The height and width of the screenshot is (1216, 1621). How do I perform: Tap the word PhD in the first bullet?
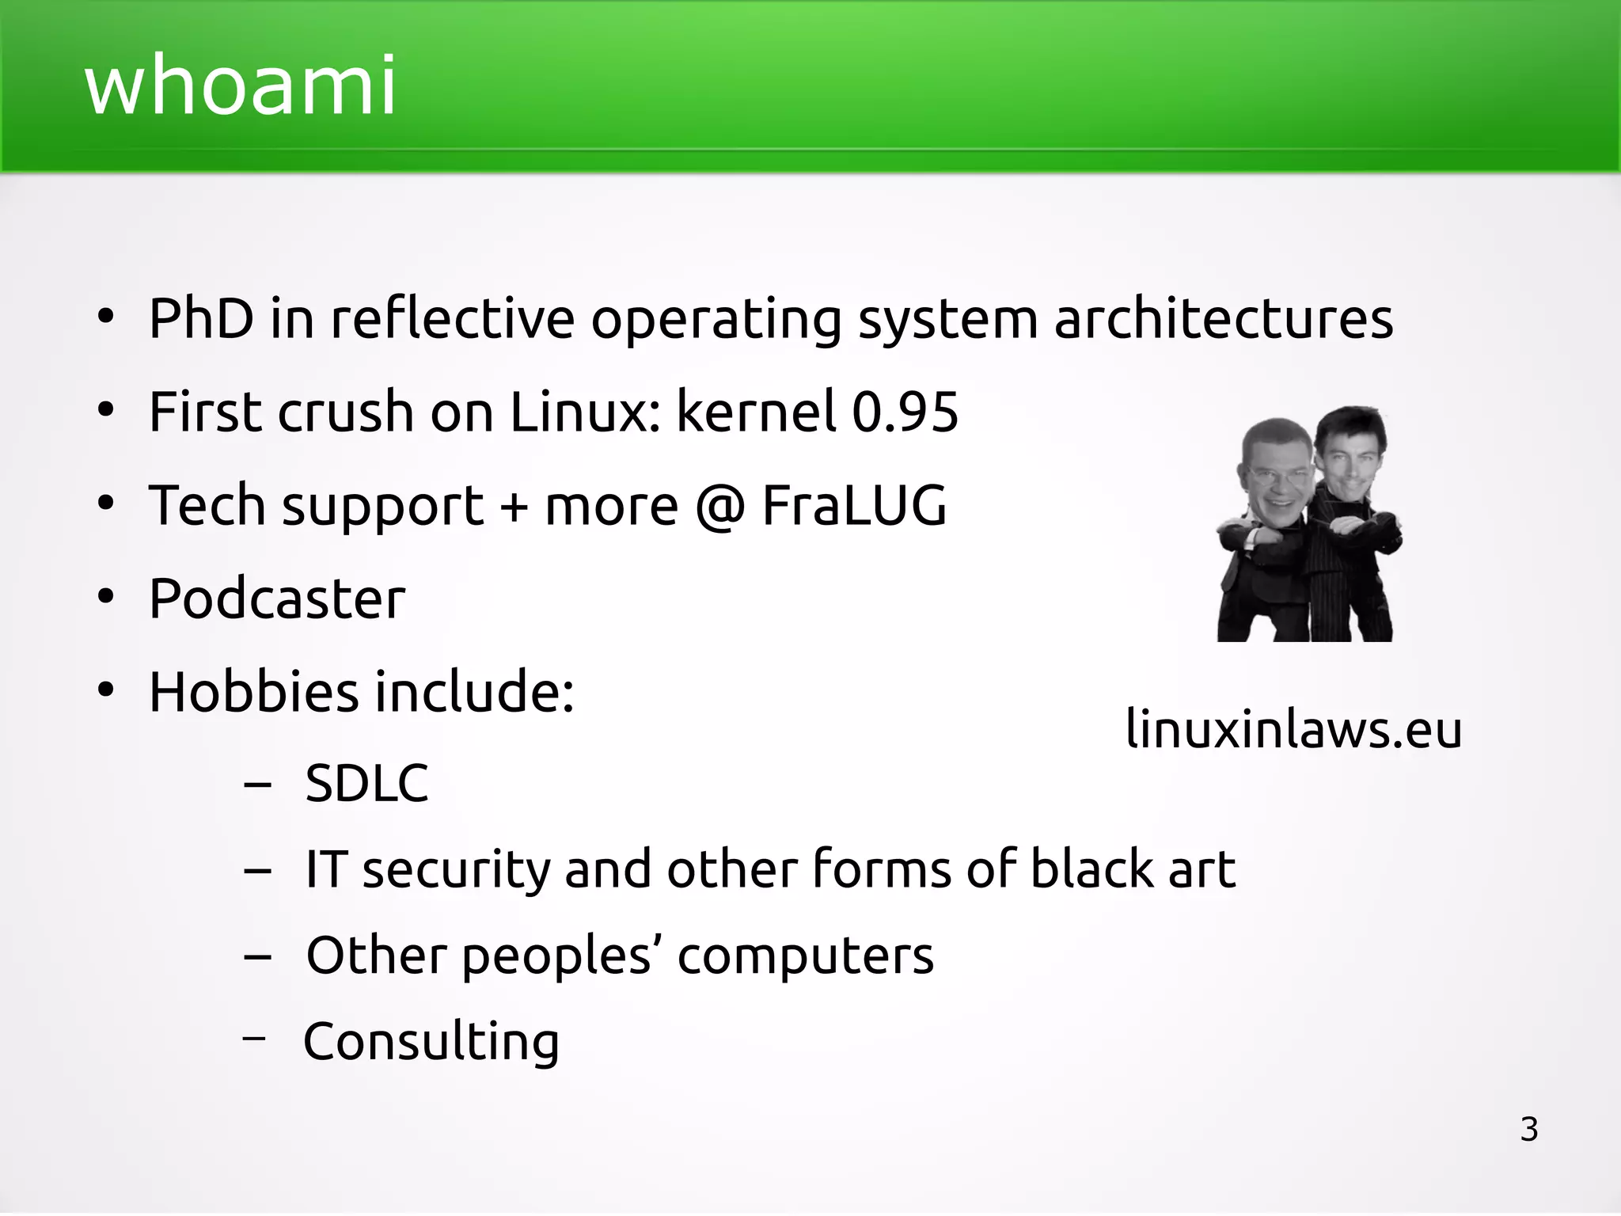tap(201, 318)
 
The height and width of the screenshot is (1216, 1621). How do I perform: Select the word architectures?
tap(1223, 318)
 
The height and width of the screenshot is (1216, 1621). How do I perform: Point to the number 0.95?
tap(905, 412)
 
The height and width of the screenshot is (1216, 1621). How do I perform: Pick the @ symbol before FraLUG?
tap(720, 507)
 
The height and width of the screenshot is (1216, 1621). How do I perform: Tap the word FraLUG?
tap(854, 505)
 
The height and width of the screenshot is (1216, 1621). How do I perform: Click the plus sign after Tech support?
tap(514, 507)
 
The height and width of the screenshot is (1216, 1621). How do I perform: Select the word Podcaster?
tap(277, 598)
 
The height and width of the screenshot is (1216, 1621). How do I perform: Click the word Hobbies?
tap(253, 691)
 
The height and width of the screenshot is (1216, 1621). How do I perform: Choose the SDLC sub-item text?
tap(366, 784)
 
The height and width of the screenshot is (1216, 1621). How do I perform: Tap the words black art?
tap(1133, 869)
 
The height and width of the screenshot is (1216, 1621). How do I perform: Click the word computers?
tap(805, 956)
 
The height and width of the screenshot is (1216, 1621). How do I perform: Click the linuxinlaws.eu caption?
tap(1293, 728)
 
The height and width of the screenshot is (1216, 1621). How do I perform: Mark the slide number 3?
tap(1529, 1129)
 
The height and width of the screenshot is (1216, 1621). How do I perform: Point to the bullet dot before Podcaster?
tap(106, 598)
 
